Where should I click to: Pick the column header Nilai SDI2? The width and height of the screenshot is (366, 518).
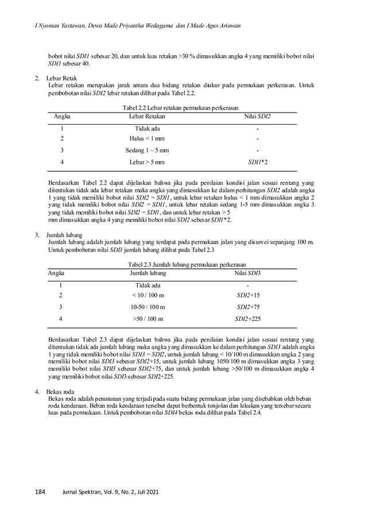[x=257, y=116]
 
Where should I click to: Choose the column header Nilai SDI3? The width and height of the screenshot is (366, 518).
[x=247, y=272]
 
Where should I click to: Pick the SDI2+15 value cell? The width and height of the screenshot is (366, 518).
[x=248, y=295]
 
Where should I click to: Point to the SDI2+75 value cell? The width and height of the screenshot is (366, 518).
[x=248, y=307]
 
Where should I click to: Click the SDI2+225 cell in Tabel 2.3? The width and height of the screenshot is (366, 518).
[x=248, y=318]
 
